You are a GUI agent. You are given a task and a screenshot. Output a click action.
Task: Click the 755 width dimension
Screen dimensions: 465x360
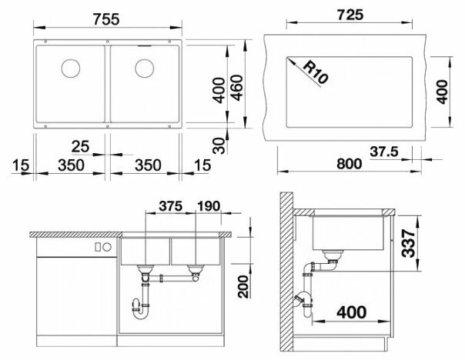(x=106, y=19)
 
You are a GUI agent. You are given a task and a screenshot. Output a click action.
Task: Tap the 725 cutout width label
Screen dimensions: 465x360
(x=350, y=15)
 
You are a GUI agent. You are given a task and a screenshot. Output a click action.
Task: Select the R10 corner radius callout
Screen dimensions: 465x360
(x=316, y=72)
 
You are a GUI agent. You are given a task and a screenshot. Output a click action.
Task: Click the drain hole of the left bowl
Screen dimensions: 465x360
(x=71, y=68)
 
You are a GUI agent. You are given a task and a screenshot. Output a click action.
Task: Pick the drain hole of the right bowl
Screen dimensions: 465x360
(x=145, y=68)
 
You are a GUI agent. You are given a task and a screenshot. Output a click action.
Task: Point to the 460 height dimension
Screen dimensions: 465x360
(x=236, y=88)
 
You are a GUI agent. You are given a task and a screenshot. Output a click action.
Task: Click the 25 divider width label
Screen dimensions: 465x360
(x=80, y=146)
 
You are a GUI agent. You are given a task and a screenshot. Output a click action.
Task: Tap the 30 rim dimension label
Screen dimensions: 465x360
(x=219, y=145)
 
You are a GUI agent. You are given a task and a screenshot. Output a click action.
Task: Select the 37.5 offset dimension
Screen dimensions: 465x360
(x=384, y=152)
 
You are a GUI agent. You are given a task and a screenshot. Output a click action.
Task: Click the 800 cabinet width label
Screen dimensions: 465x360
(x=350, y=164)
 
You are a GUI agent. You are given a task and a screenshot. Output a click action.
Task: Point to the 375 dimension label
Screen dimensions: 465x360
(x=170, y=206)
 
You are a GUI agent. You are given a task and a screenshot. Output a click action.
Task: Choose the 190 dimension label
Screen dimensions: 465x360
(x=209, y=206)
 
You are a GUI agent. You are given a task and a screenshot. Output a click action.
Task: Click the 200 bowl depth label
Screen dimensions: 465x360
(x=243, y=286)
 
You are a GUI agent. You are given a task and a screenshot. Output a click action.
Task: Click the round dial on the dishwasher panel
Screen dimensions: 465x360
(x=107, y=246)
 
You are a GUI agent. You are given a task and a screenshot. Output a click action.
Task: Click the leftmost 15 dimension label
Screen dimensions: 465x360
(x=21, y=165)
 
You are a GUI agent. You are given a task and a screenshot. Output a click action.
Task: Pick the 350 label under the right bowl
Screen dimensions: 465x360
(x=148, y=165)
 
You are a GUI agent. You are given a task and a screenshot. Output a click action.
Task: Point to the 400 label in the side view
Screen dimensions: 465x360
(x=351, y=312)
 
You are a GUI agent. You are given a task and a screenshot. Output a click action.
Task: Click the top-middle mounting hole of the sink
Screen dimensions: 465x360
(x=108, y=42)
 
